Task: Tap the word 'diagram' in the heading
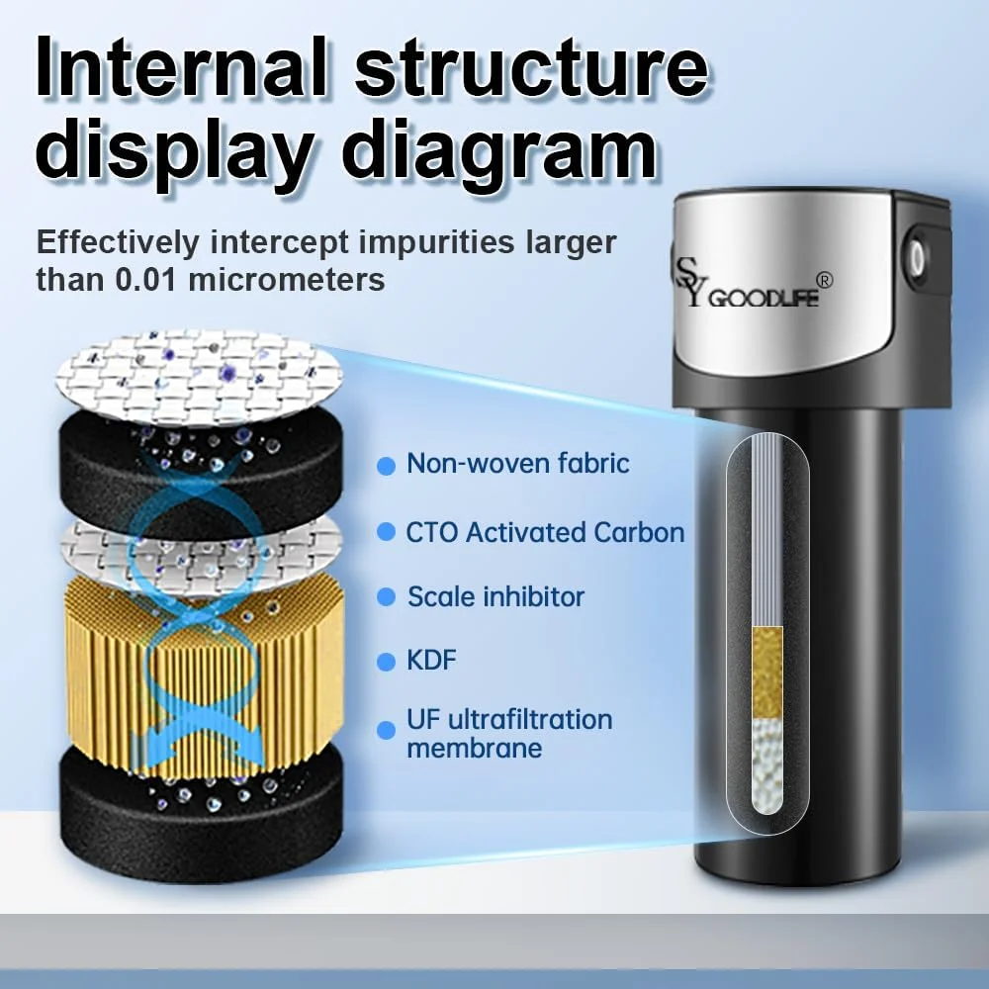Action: coord(502,152)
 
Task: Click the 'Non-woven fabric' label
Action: coord(518,464)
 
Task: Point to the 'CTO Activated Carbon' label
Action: coord(545,533)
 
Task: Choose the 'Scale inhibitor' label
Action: coord(495,596)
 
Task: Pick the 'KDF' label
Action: coord(431,661)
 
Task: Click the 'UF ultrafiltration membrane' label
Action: coord(509,734)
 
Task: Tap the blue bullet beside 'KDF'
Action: coord(386,662)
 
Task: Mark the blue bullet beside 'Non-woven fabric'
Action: coord(386,466)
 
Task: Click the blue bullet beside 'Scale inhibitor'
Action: coord(386,597)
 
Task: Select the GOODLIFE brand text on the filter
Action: coord(764,298)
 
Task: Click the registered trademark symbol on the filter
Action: coord(824,280)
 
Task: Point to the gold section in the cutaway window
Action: coord(767,673)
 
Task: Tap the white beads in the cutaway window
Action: coord(767,764)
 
